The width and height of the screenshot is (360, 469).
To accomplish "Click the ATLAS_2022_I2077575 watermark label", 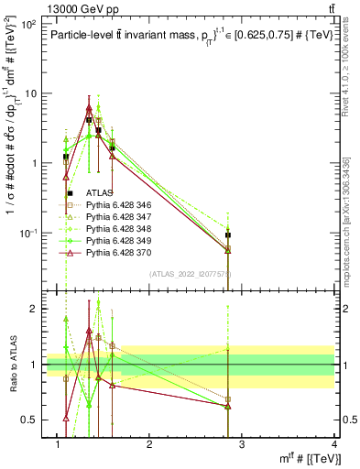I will click(x=195, y=273).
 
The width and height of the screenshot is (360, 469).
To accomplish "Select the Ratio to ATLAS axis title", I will click(x=13, y=364).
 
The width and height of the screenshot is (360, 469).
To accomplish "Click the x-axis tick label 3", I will click(x=243, y=444).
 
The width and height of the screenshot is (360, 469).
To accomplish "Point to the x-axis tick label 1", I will click(x=58, y=444).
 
